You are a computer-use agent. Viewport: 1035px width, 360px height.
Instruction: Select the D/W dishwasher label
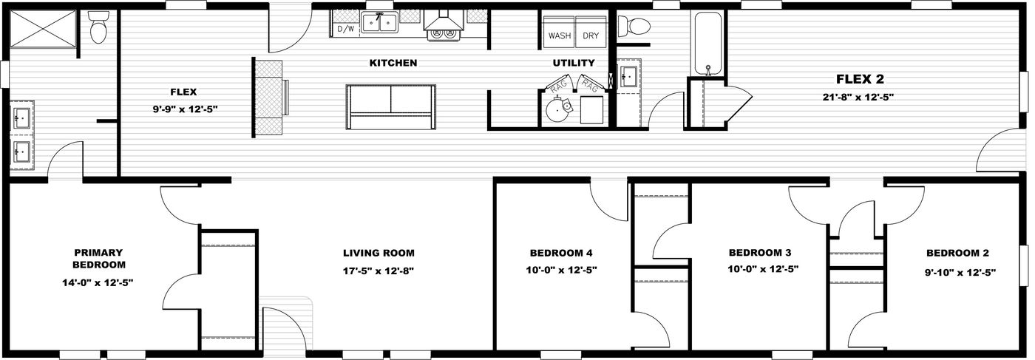(345, 30)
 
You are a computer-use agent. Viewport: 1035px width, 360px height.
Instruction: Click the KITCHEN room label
(393, 64)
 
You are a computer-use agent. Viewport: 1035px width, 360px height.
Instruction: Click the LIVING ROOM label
(378, 253)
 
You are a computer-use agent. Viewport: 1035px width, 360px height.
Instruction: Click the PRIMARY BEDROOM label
(98, 258)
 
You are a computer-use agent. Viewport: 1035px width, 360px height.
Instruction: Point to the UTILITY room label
(574, 64)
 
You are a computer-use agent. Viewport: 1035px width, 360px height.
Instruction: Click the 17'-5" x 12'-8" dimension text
(378, 271)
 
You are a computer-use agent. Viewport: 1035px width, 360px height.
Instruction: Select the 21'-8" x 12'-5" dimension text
(860, 97)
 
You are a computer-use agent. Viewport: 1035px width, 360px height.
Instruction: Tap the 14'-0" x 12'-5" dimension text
(98, 282)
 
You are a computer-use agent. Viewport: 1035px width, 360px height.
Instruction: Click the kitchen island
(390, 107)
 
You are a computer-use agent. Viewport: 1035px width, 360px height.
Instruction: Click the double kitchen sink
(380, 23)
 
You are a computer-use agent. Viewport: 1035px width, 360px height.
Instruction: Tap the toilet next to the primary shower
(97, 29)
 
